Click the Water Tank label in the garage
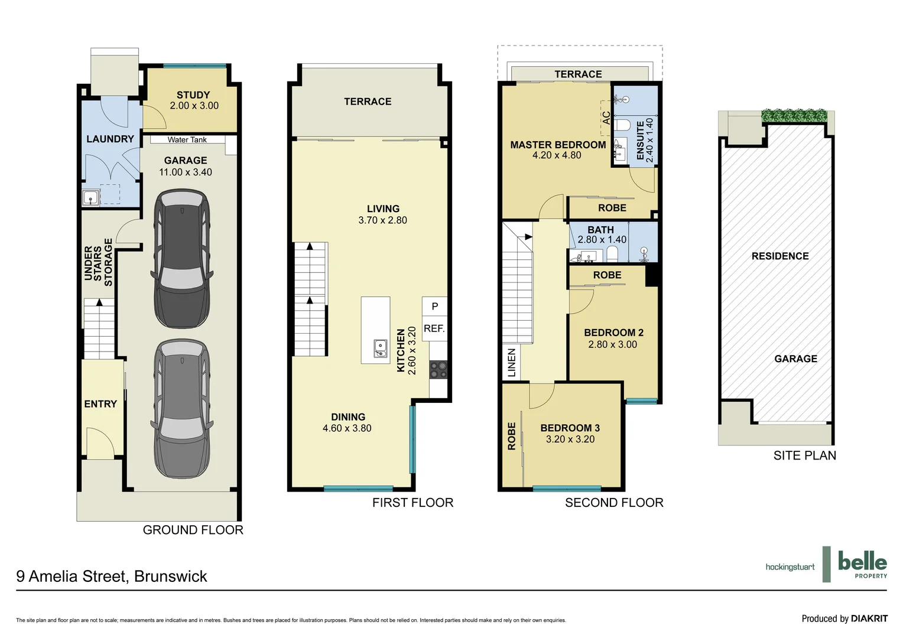click(187, 140)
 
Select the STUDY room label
click(193, 95)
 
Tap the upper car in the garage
click(181, 258)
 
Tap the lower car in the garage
click(181, 409)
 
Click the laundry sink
click(90, 198)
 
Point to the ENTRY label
click(100, 404)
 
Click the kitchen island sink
click(381, 349)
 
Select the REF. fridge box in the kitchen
click(434, 329)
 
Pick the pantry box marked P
click(435, 307)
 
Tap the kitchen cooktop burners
click(438, 370)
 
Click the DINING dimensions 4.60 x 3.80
click(347, 428)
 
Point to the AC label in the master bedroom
click(606, 118)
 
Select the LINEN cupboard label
click(512, 363)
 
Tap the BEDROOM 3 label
click(570, 428)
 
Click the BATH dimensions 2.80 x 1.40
click(602, 240)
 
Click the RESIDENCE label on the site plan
click(780, 256)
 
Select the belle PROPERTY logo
click(862, 564)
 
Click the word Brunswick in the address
click(171, 577)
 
